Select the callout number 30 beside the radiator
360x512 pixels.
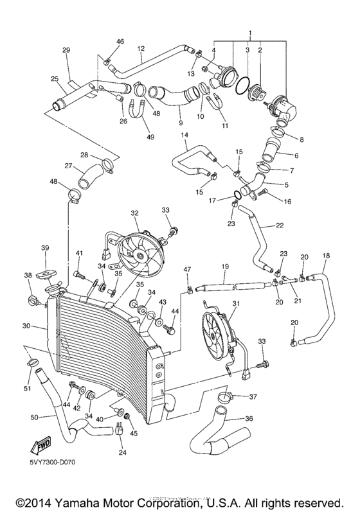point(26,326)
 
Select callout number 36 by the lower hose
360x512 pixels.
point(249,419)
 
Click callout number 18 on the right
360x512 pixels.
point(325,256)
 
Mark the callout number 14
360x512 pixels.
point(184,135)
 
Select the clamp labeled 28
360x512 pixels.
point(107,160)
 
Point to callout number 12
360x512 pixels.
point(141,48)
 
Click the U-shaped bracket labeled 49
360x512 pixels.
point(139,120)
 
